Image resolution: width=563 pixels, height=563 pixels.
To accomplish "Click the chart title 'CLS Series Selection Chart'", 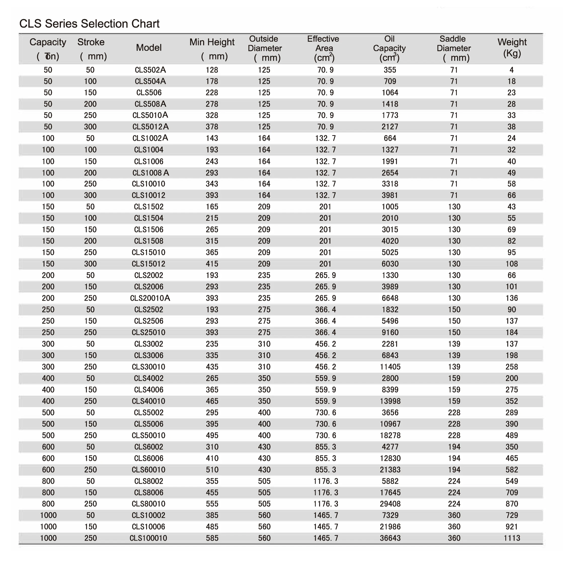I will (89, 24).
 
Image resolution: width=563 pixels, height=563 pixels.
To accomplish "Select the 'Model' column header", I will (149, 48).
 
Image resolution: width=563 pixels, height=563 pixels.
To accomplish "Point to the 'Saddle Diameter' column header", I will (454, 48).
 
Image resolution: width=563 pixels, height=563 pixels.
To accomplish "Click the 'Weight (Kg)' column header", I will (512, 48).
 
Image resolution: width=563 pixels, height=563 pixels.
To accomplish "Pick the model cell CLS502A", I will (150, 70).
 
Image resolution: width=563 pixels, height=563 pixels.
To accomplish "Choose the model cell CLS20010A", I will (150, 298).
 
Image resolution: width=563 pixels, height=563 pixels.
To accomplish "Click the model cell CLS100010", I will (148, 538).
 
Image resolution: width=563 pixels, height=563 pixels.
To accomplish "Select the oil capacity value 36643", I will (390, 538).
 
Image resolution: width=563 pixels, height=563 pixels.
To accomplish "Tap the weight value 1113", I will (512, 538).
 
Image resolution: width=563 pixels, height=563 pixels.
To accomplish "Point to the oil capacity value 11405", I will (390, 367).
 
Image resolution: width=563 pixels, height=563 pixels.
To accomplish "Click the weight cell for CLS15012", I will (512, 264).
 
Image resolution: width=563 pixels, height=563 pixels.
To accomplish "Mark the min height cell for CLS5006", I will (212, 424).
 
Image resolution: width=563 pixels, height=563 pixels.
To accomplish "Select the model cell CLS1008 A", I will (150, 173).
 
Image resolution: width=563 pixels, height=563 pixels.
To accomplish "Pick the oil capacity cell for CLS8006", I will (390, 493).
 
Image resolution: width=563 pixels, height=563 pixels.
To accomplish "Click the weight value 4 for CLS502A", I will (512, 70).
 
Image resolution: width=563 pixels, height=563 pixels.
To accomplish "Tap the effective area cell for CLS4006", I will (325, 390).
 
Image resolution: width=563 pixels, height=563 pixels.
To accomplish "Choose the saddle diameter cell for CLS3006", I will (454, 355).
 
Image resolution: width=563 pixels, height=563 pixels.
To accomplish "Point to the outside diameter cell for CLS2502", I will (264, 310).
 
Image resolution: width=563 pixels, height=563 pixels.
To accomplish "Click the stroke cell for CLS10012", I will (90, 195).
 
